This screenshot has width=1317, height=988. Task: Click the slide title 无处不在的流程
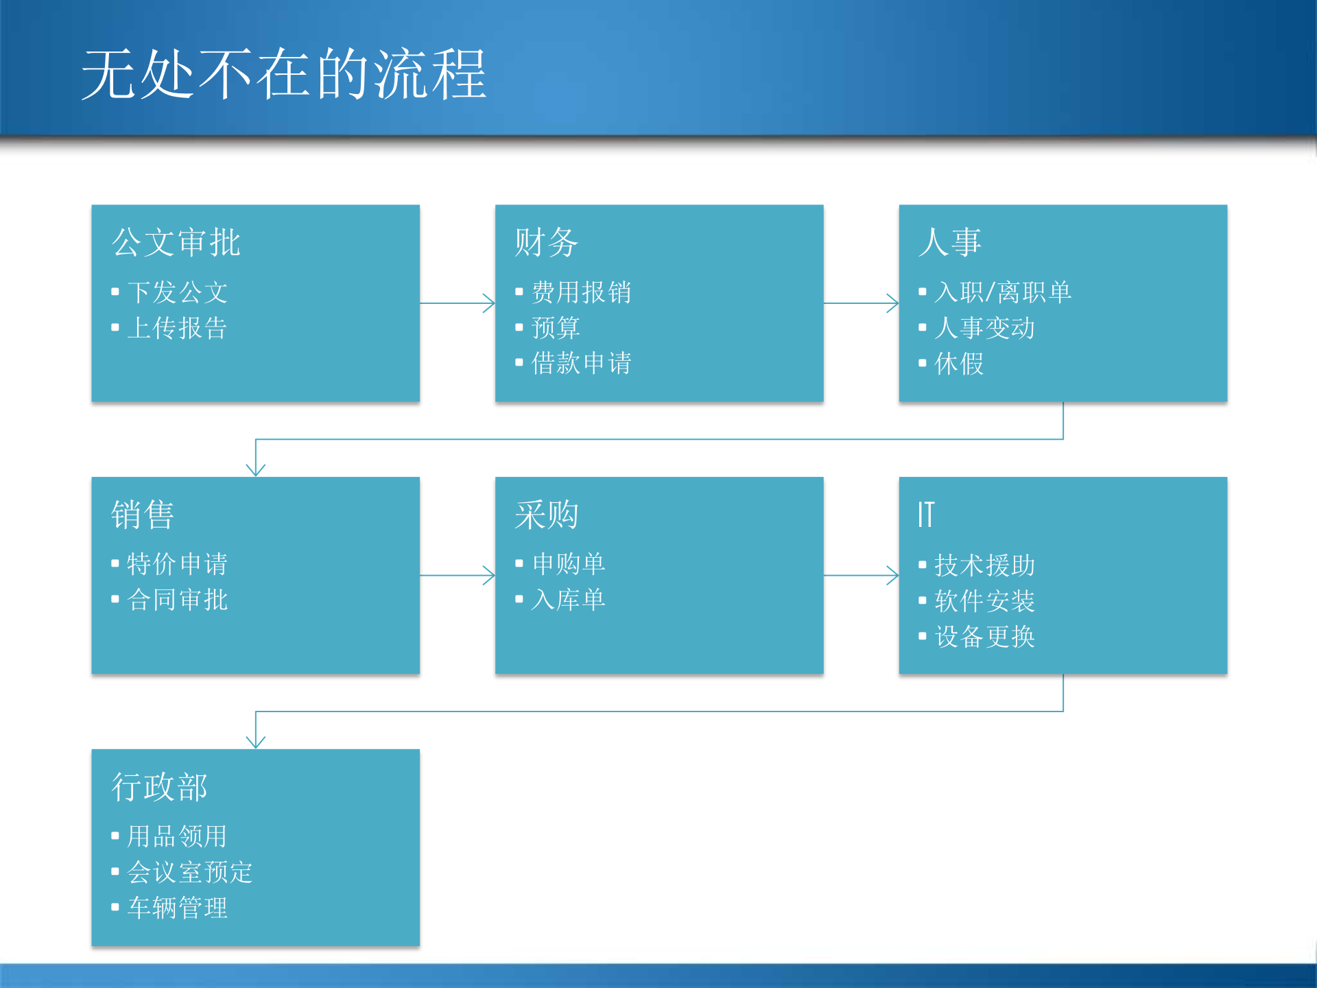(283, 74)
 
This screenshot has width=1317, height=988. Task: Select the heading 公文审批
(176, 242)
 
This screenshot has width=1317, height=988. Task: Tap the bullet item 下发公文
(177, 292)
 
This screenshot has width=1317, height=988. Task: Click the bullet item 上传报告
(177, 328)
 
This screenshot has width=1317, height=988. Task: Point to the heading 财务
(546, 242)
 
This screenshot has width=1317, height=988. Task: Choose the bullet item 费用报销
(581, 292)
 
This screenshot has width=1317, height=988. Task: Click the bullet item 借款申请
(581, 364)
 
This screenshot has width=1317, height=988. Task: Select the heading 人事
(949, 242)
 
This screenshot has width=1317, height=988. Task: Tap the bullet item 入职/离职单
(1002, 292)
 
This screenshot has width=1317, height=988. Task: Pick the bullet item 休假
(959, 364)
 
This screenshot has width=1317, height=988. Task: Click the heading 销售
(143, 515)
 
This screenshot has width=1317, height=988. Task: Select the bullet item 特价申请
(177, 564)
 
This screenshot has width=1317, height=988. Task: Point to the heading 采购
(546, 515)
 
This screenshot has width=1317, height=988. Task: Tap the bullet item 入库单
(568, 600)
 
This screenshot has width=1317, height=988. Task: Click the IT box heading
(926, 515)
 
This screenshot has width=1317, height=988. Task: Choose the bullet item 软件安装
(984, 601)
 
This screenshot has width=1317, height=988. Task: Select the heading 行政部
(159, 787)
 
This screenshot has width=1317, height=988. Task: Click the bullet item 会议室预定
(189, 872)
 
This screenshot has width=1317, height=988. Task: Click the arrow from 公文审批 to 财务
(457, 303)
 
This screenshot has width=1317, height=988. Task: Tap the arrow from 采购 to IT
(861, 576)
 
